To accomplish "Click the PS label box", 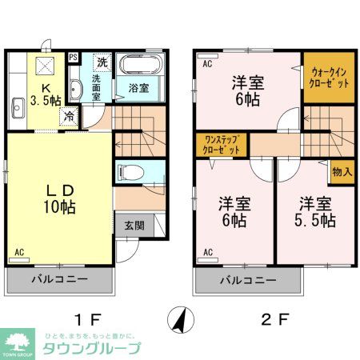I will [x=74, y=58].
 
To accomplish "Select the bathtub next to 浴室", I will [x=140, y=66].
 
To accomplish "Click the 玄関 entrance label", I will [x=134, y=226].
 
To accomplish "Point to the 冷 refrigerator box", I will [x=70, y=115].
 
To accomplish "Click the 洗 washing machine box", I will [x=102, y=62].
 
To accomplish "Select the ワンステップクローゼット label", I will [x=222, y=145].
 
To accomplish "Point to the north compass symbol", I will [x=181, y=321].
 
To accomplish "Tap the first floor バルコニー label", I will [x=59, y=281].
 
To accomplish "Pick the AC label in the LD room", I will [x=18, y=254].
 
